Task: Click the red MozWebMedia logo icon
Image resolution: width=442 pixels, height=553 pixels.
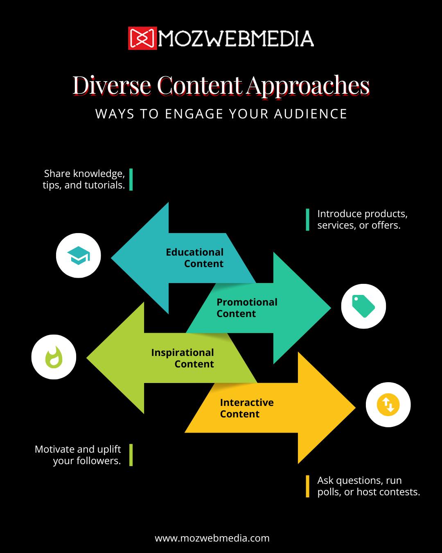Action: (x=142, y=39)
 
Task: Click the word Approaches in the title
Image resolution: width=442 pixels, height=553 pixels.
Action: (x=308, y=86)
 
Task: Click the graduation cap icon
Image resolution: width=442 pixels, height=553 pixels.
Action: (x=78, y=256)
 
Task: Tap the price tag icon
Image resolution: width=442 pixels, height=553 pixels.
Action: (x=363, y=306)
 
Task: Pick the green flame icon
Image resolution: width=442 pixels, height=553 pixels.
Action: (x=54, y=357)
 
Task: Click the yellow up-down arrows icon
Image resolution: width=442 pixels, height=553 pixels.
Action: (x=388, y=405)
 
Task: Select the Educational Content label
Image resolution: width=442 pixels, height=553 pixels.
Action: (x=195, y=258)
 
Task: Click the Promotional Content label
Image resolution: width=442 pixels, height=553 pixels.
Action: (x=247, y=308)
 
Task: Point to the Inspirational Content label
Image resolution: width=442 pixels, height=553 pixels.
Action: (x=183, y=358)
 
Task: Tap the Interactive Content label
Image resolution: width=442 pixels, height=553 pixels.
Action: (x=247, y=408)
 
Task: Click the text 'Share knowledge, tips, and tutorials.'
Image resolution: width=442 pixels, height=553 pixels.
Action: (x=84, y=179)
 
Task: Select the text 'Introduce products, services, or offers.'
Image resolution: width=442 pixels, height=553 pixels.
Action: (x=362, y=220)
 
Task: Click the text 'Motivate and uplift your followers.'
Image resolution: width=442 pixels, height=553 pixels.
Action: (x=78, y=455)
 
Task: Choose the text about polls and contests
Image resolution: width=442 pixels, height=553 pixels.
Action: (x=368, y=486)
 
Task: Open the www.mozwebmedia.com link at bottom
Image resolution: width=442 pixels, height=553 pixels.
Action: (x=212, y=538)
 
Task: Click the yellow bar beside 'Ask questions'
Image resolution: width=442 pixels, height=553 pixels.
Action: (x=307, y=486)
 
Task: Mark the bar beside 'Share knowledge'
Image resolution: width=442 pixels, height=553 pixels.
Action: (x=131, y=179)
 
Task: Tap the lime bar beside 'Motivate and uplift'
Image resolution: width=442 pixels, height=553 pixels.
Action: (x=131, y=455)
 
